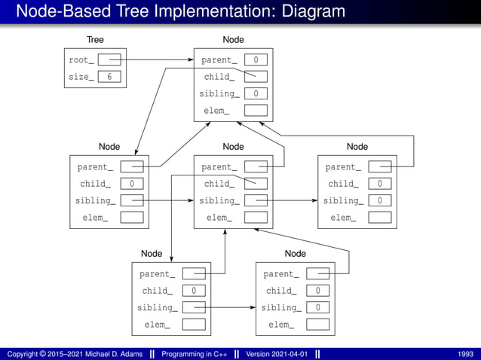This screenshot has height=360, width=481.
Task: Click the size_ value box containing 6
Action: (x=109, y=77)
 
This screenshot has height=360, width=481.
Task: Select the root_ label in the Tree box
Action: (x=81, y=59)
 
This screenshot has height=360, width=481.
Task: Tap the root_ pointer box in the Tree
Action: (x=109, y=59)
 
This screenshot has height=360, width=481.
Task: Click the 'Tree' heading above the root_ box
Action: (x=95, y=39)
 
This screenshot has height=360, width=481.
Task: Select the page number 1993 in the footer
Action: (x=465, y=354)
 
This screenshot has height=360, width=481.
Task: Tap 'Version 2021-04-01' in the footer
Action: (x=274, y=354)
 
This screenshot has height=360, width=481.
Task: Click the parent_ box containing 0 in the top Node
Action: (x=256, y=59)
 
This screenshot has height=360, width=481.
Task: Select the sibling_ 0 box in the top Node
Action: (x=256, y=94)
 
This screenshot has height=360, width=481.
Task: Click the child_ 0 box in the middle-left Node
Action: (x=132, y=184)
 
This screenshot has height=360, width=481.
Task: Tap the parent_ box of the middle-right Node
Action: (x=379, y=166)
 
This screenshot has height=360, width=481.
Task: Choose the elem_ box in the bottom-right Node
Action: (x=317, y=325)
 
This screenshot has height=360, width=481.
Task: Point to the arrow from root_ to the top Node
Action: (x=158, y=59)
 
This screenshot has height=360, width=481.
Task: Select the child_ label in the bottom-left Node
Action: (x=157, y=291)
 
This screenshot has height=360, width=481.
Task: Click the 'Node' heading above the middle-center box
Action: (x=233, y=146)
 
